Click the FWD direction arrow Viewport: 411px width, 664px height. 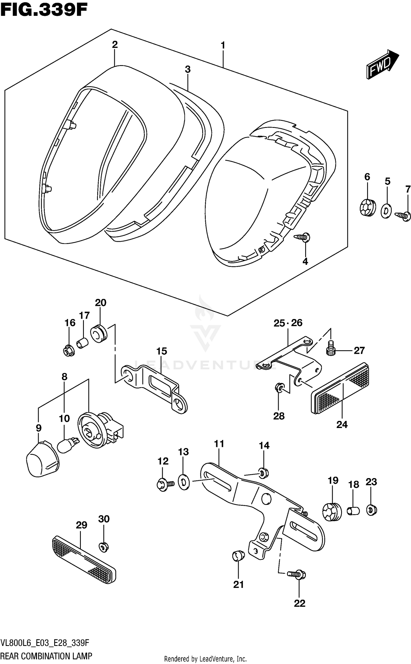pos(382,65)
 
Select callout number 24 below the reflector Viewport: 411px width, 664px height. pos(342,424)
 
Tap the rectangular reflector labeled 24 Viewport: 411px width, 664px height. pos(340,388)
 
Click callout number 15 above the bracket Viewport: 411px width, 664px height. pos(162,351)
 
